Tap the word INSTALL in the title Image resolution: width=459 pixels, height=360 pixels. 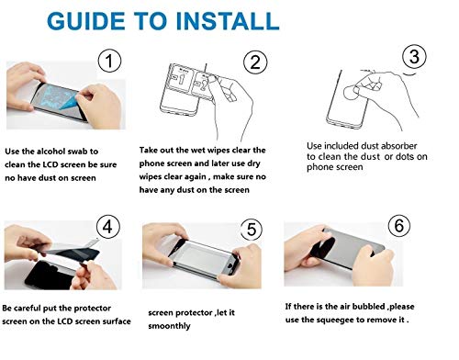(x=228, y=21)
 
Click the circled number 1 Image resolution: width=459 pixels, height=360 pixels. (x=109, y=61)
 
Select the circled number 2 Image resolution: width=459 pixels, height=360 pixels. (x=255, y=62)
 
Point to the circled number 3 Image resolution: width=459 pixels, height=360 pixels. (x=414, y=57)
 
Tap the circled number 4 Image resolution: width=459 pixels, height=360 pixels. (x=107, y=227)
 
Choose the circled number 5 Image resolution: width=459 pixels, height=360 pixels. (x=252, y=230)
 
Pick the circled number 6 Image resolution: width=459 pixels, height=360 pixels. (x=399, y=225)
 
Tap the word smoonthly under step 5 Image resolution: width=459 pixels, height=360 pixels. (x=169, y=326)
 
